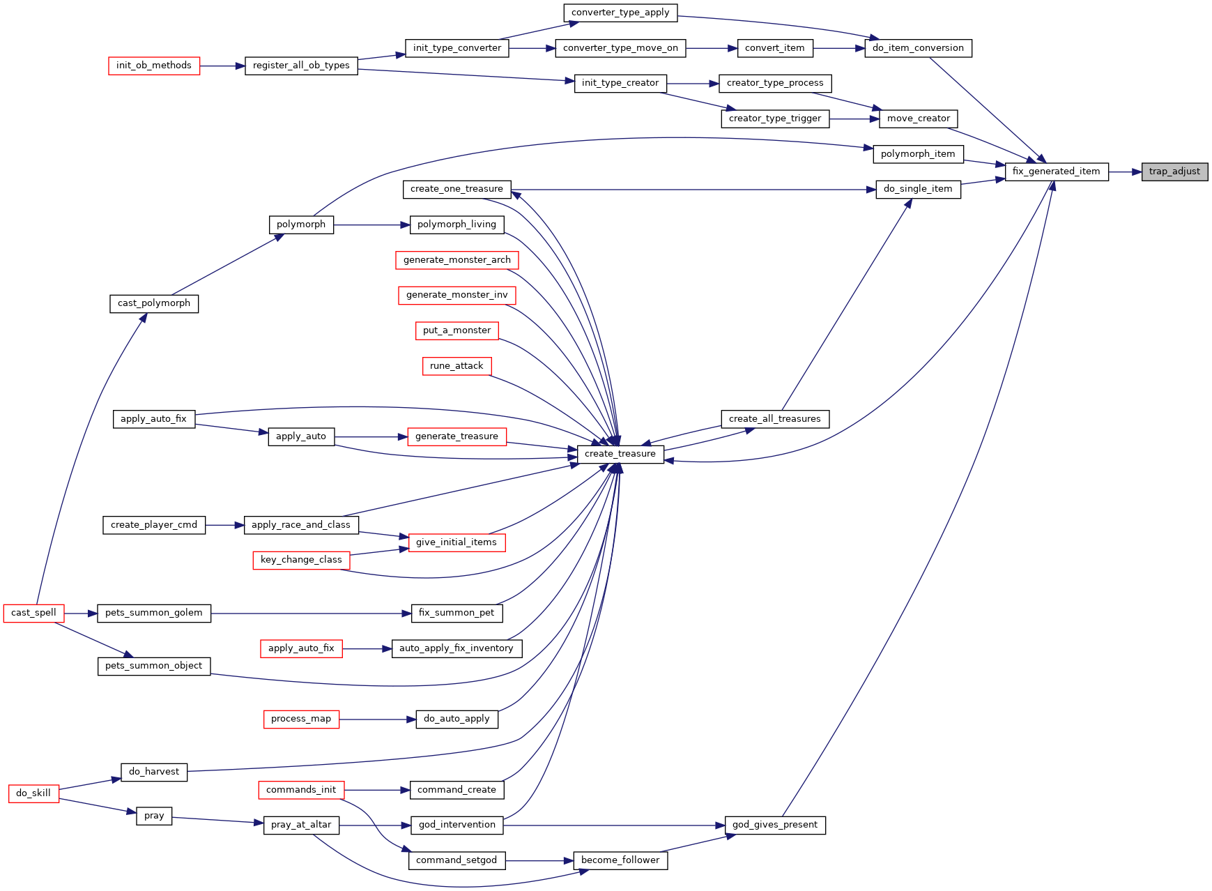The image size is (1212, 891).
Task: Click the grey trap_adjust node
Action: click(1174, 172)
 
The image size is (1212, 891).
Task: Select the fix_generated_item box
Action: click(1057, 172)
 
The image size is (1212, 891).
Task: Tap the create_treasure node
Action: click(620, 454)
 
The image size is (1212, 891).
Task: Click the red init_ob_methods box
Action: click(154, 66)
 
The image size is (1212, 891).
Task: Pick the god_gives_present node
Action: click(775, 825)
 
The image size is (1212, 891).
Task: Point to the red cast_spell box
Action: click(33, 613)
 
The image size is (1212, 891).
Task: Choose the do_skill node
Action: click(33, 793)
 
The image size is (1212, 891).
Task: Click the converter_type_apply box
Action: click(620, 13)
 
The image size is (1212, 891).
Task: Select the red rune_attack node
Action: click(457, 366)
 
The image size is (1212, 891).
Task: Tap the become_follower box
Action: click(620, 860)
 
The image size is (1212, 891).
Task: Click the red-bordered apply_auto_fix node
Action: click(301, 648)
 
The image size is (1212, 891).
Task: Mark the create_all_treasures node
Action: click(775, 419)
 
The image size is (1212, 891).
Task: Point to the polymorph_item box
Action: click(918, 154)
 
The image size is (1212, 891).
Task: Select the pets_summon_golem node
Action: click(154, 613)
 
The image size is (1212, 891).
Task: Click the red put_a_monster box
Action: click(457, 330)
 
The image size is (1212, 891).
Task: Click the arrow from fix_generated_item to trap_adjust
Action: click(1125, 172)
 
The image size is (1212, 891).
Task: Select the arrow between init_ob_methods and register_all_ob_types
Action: click(222, 66)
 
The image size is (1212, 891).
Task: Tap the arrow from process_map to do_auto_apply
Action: click(377, 719)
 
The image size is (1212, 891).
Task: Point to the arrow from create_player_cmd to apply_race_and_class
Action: click(224, 525)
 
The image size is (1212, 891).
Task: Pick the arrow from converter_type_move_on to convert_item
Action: click(712, 48)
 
